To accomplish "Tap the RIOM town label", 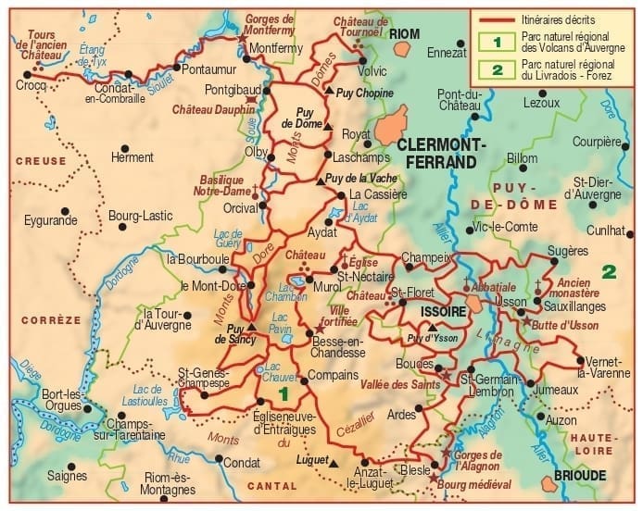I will (404, 33).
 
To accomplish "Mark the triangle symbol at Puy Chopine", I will (329, 91).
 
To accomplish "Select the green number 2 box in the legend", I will (497, 69).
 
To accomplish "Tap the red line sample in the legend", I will (496, 19).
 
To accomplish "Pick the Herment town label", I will (132, 157).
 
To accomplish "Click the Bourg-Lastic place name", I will (141, 216).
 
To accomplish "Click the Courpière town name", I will (597, 142).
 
